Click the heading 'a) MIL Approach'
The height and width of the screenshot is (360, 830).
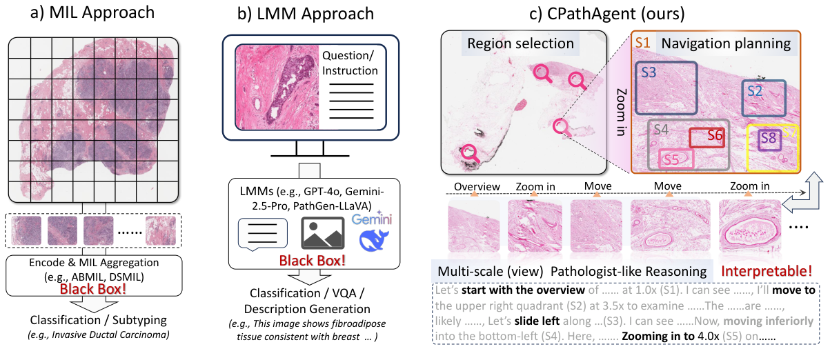pyautogui.click(x=97, y=14)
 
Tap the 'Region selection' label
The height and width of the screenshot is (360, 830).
pyautogui.click(x=520, y=44)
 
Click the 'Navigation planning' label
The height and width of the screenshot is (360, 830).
pyautogui.click(x=726, y=44)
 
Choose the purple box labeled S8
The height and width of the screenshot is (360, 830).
pyautogui.click(x=768, y=139)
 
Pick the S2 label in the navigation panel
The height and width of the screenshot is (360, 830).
pyautogui.click(x=753, y=90)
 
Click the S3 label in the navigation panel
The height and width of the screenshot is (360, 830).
pyautogui.click(x=649, y=72)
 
